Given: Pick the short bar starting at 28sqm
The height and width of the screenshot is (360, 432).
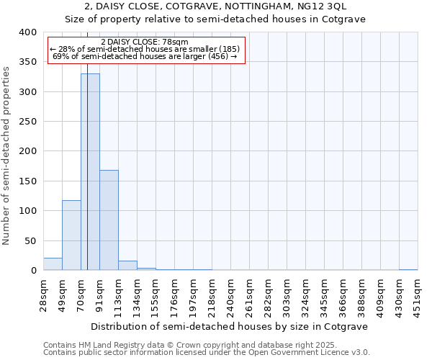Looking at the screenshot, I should [53, 264].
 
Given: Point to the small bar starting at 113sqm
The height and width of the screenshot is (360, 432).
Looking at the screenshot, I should [127, 266].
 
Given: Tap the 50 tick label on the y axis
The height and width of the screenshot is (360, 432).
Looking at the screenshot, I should [31, 240].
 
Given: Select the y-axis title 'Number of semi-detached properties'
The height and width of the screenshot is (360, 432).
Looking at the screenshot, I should [6, 155].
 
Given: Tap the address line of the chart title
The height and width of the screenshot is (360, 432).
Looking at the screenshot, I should [215, 6].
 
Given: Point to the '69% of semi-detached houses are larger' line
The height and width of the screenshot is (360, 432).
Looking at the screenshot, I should [145, 56].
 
